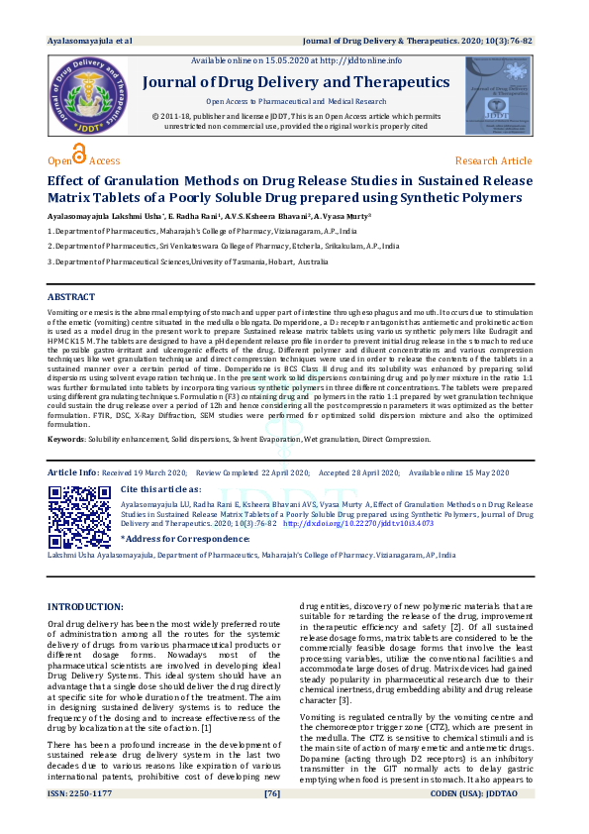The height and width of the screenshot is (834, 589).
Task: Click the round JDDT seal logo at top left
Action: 87,98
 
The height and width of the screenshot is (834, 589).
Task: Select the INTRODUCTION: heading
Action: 86,606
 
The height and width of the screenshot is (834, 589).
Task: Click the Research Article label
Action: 493,160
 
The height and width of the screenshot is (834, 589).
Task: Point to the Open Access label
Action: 84,160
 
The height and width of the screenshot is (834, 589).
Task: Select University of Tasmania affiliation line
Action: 188,261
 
